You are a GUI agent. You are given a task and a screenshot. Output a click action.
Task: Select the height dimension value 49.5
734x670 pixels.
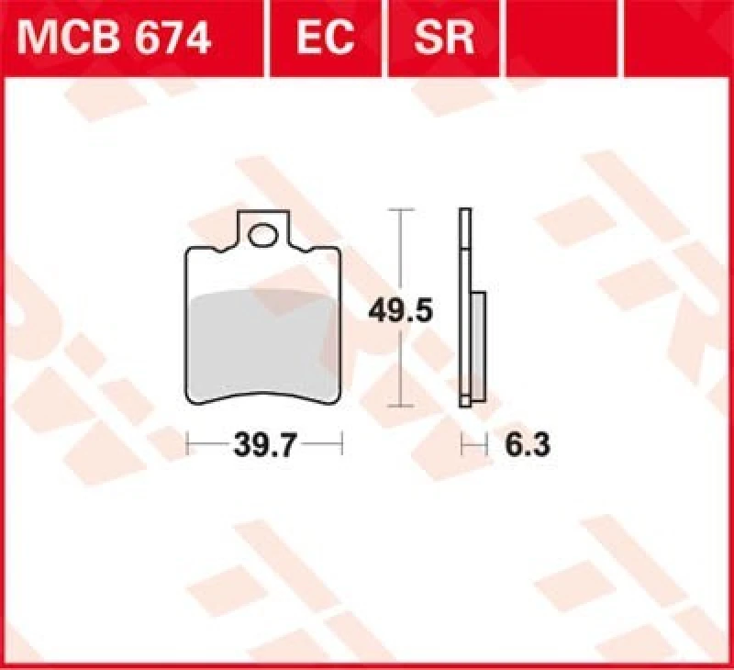click(x=400, y=310)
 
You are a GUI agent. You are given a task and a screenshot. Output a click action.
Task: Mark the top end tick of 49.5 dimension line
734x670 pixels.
click(x=397, y=210)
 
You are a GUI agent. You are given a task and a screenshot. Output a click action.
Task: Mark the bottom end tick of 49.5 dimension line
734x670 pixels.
click(x=397, y=406)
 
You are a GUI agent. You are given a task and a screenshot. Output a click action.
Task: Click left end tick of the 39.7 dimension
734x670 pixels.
click(x=188, y=445)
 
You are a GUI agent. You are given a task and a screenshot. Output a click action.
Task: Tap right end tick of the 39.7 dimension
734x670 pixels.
click(x=341, y=445)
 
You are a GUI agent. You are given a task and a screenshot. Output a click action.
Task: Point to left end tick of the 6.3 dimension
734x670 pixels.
click(x=462, y=445)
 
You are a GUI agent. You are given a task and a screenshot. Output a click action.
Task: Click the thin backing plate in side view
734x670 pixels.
click(x=465, y=275)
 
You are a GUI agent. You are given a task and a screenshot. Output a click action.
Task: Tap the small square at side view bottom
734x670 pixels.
click(x=466, y=399)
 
